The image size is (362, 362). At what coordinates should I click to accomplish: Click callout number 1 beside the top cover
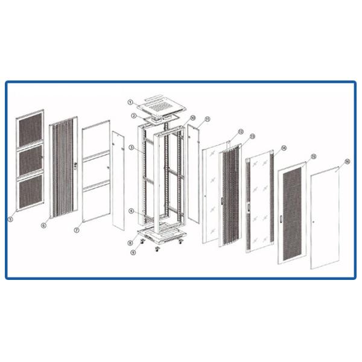(130, 103)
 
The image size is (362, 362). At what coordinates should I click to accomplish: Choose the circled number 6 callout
(44, 224)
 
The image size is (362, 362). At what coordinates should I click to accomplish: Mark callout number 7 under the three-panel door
(77, 230)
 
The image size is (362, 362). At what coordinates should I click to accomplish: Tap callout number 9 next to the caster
(134, 252)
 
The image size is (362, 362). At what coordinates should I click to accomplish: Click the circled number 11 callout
(207, 119)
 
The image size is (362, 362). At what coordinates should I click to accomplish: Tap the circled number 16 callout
(347, 162)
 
